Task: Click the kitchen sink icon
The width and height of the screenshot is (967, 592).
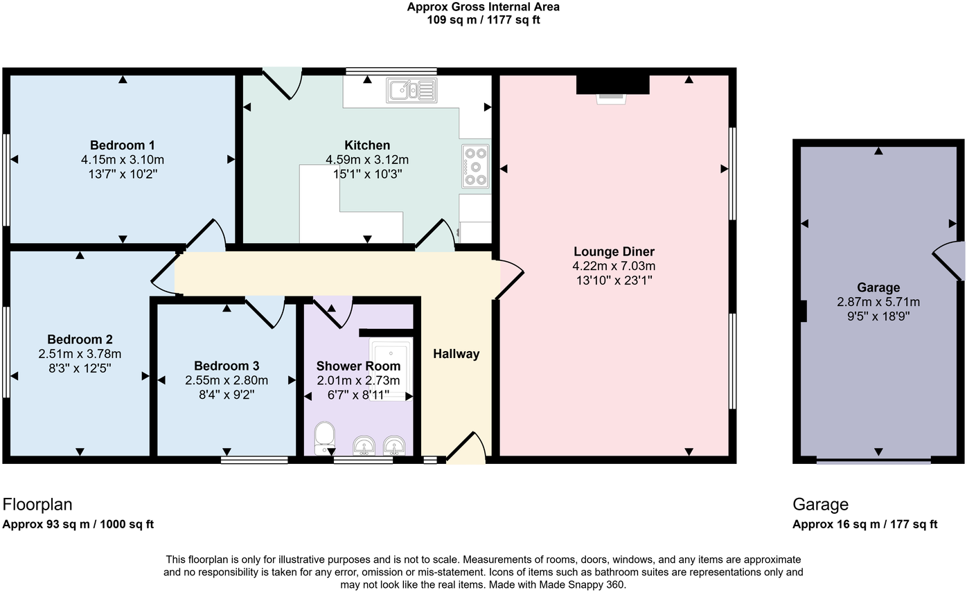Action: (x=411, y=90)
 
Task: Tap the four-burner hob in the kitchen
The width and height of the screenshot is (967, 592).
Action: (x=475, y=166)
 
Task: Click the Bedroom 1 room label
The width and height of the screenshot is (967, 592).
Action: (x=122, y=145)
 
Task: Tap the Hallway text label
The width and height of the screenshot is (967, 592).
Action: (x=456, y=354)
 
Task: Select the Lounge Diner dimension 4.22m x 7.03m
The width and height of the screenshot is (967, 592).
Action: (x=614, y=266)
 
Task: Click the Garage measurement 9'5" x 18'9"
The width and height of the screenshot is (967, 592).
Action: (x=878, y=316)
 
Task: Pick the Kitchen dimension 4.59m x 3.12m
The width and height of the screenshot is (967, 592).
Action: (x=367, y=160)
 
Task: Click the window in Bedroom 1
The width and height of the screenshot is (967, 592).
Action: (x=6, y=180)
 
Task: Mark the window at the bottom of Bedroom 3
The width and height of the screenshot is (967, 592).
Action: (x=254, y=460)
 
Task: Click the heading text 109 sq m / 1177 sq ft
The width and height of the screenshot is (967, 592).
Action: (x=483, y=20)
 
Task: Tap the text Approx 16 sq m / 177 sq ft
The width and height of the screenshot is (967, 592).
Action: (x=864, y=524)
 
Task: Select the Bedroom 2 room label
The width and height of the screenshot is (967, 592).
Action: (x=80, y=339)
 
